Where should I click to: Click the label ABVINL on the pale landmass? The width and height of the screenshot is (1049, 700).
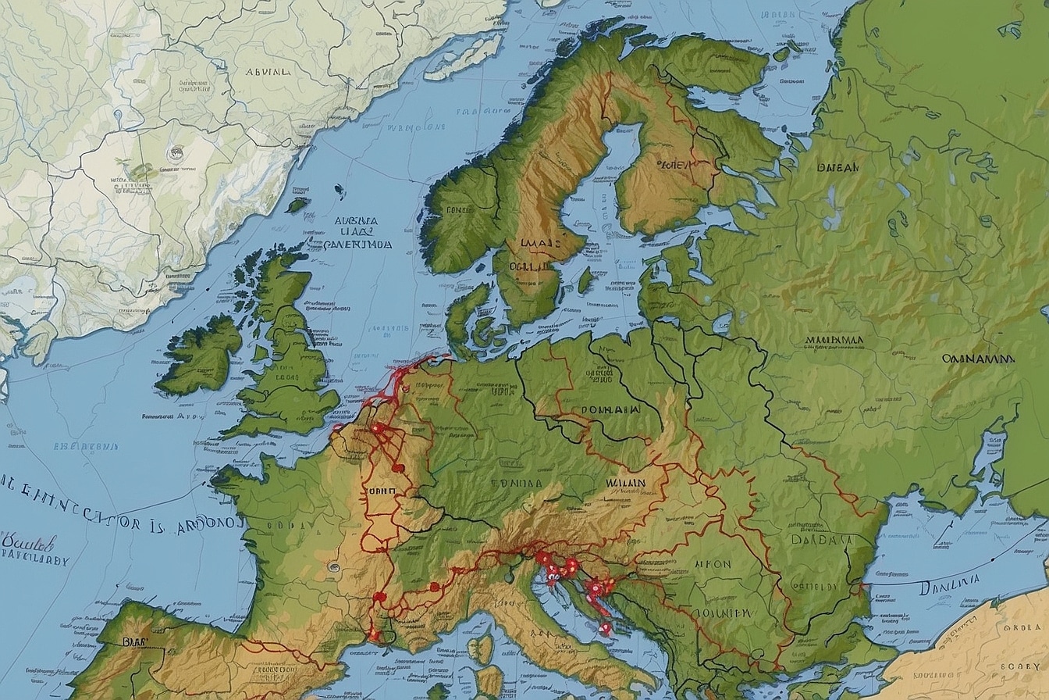pos(267,71)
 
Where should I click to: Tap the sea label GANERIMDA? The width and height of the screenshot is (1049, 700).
pos(349,244)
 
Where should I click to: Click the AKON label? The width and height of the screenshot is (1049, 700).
pos(713,563)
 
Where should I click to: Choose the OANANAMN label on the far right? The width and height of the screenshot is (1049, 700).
pos(977,359)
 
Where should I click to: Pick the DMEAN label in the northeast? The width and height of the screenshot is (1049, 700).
pos(837,167)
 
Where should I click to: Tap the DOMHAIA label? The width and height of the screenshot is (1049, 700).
pos(611,409)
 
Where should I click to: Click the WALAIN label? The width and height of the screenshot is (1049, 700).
pos(625,483)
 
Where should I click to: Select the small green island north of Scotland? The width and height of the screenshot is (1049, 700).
pos(297,205)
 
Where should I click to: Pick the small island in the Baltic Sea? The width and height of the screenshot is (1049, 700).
pos(585,280)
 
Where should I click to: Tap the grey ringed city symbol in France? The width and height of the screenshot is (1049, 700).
pos(333,566)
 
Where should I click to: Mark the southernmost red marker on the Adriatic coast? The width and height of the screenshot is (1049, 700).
pos(605,627)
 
